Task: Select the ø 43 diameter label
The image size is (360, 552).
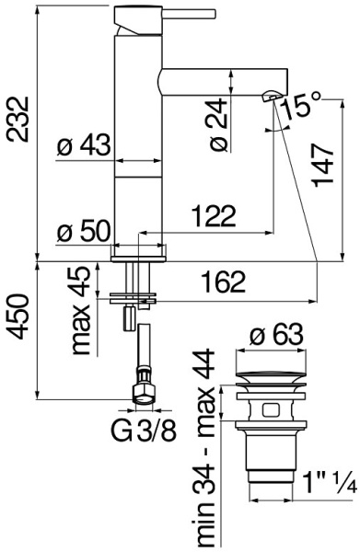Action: click(83, 145)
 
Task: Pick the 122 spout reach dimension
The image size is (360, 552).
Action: click(214, 217)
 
